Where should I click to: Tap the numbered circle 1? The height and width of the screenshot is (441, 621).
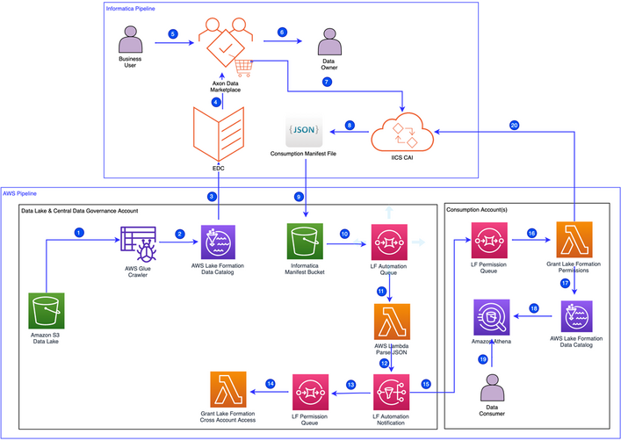coord(78,233)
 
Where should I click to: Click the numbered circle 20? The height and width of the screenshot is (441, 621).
coord(514,124)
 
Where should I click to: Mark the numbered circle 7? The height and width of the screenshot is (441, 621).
coord(327,82)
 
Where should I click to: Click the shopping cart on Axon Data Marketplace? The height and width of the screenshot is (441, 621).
coord(246,67)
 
